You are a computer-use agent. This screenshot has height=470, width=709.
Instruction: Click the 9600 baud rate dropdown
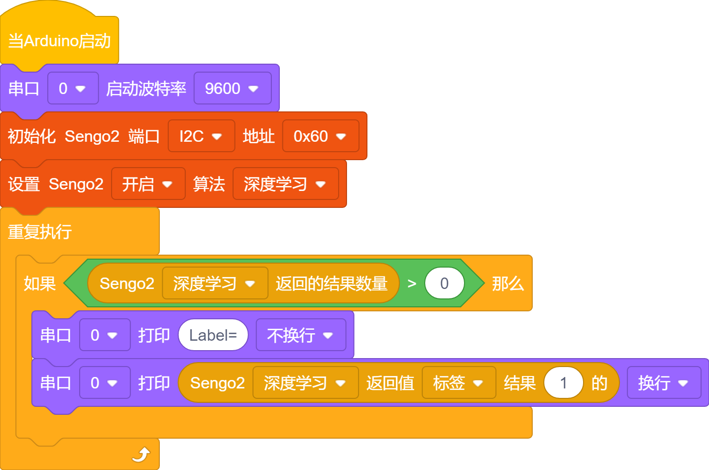233,88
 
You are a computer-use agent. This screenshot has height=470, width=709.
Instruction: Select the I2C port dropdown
201,136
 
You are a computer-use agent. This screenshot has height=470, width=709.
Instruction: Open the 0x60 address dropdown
321,136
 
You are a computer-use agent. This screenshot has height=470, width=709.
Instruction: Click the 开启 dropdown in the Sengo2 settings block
148,184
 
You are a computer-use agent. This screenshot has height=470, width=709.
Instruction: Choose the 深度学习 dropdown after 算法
285,184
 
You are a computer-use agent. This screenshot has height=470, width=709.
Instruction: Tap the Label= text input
213,335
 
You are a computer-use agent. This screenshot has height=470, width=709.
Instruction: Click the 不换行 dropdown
301,335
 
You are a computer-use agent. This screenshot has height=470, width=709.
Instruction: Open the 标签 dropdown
459,383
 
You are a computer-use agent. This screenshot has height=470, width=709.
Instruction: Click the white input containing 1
564,383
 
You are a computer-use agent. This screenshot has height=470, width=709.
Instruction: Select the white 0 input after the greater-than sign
445,283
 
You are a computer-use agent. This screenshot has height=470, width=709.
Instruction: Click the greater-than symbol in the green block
412,283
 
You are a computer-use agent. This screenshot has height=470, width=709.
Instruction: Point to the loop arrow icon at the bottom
141,455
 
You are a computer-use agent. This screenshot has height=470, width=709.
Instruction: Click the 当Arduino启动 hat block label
59,41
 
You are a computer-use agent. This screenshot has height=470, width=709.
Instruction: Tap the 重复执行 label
40,232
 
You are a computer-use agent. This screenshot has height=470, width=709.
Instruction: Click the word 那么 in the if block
508,283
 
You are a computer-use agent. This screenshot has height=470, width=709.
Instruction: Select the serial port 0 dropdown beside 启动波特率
73,88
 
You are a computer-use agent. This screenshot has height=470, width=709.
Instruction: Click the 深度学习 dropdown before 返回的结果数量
215,283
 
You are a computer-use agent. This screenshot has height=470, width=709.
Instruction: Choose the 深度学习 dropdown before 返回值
306,383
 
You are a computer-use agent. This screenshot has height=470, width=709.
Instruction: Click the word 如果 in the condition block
40,283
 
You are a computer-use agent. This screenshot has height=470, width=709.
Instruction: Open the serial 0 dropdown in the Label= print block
105,335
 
